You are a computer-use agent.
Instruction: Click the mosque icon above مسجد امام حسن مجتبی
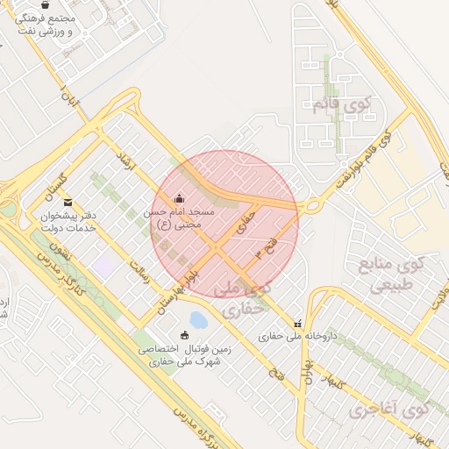point(180,197)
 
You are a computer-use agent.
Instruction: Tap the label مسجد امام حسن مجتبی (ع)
point(180,218)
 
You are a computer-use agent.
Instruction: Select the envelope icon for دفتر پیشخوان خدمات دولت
point(68,203)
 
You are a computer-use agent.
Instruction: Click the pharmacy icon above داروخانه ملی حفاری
point(297,324)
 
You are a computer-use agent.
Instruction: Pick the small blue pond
point(199,320)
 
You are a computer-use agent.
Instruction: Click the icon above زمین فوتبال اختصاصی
point(184,335)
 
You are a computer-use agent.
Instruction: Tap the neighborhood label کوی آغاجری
point(388,410)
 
